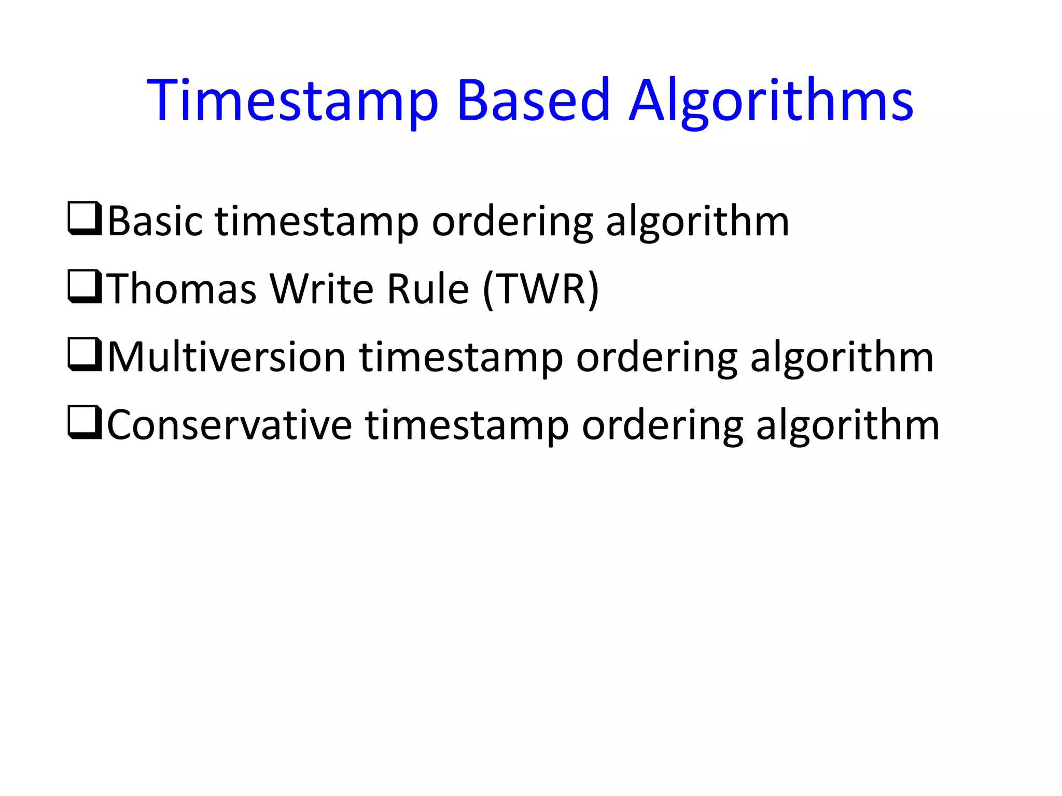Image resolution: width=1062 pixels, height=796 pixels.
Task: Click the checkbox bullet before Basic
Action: pyautogui.click(x=85, y=219)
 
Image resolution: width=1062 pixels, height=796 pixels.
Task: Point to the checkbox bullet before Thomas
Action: pyautogui.click(x=85, y=287)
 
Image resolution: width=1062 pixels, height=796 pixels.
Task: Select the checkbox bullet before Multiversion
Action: pyautogui.click(x=85, y=355)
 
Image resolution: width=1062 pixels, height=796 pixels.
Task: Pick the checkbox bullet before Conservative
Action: pyautogui.click(x=85, y=423)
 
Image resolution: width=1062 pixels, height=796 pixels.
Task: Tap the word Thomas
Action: pyautogui.click(x=183, y=289)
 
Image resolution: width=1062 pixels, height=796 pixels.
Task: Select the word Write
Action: pyautogui.click(x=322, y=289)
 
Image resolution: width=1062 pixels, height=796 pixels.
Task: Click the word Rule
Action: pyautogui.click(x=428, y=289)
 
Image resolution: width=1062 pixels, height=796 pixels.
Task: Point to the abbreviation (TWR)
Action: pyautogui.click(x=541, y=290)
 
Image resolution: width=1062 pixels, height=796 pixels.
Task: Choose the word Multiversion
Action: pyautogui.click(x=227, y=358)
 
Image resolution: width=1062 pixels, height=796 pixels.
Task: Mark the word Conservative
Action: pyautogui.click(x=230, y=425)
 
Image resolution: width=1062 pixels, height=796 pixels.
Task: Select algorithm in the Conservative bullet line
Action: pyautogui.click(x=848, y=427)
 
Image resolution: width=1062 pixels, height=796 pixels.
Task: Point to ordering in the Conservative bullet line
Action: pyautogui.click(x=663, y=427)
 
